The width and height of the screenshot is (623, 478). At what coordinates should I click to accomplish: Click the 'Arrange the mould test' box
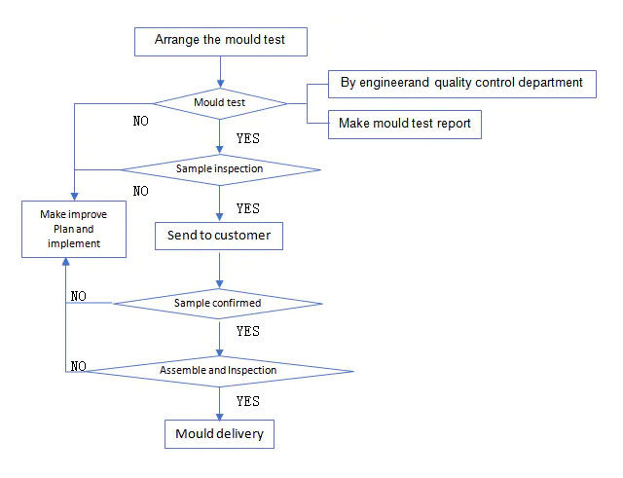point(221,41)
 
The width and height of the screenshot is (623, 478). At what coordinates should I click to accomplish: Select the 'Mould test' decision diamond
point(222,102)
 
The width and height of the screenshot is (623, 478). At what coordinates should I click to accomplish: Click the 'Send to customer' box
point(219,236)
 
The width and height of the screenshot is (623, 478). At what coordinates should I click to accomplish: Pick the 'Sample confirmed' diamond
point(217,303)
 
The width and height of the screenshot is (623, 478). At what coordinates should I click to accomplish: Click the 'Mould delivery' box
point(219,433)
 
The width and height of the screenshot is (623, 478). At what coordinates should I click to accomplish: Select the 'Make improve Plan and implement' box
point(74,229)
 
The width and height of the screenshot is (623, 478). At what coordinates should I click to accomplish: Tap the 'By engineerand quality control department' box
point(461,83)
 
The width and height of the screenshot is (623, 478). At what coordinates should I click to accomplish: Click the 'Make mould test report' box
point(404,125)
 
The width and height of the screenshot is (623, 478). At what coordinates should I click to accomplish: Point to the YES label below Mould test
point(247,139)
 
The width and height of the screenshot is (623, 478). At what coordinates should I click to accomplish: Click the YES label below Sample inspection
point(247,208)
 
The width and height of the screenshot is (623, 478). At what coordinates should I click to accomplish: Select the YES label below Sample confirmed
point(247,331)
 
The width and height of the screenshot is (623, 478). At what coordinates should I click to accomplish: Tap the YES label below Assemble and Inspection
point(247,400)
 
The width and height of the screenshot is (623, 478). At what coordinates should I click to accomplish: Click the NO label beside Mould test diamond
point(140,123)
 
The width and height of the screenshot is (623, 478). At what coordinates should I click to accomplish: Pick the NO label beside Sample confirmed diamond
point(79,295)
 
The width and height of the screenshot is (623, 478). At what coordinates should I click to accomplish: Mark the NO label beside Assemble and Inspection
point(79,366)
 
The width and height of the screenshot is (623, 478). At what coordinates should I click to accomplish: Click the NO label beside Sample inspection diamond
point(140,191)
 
